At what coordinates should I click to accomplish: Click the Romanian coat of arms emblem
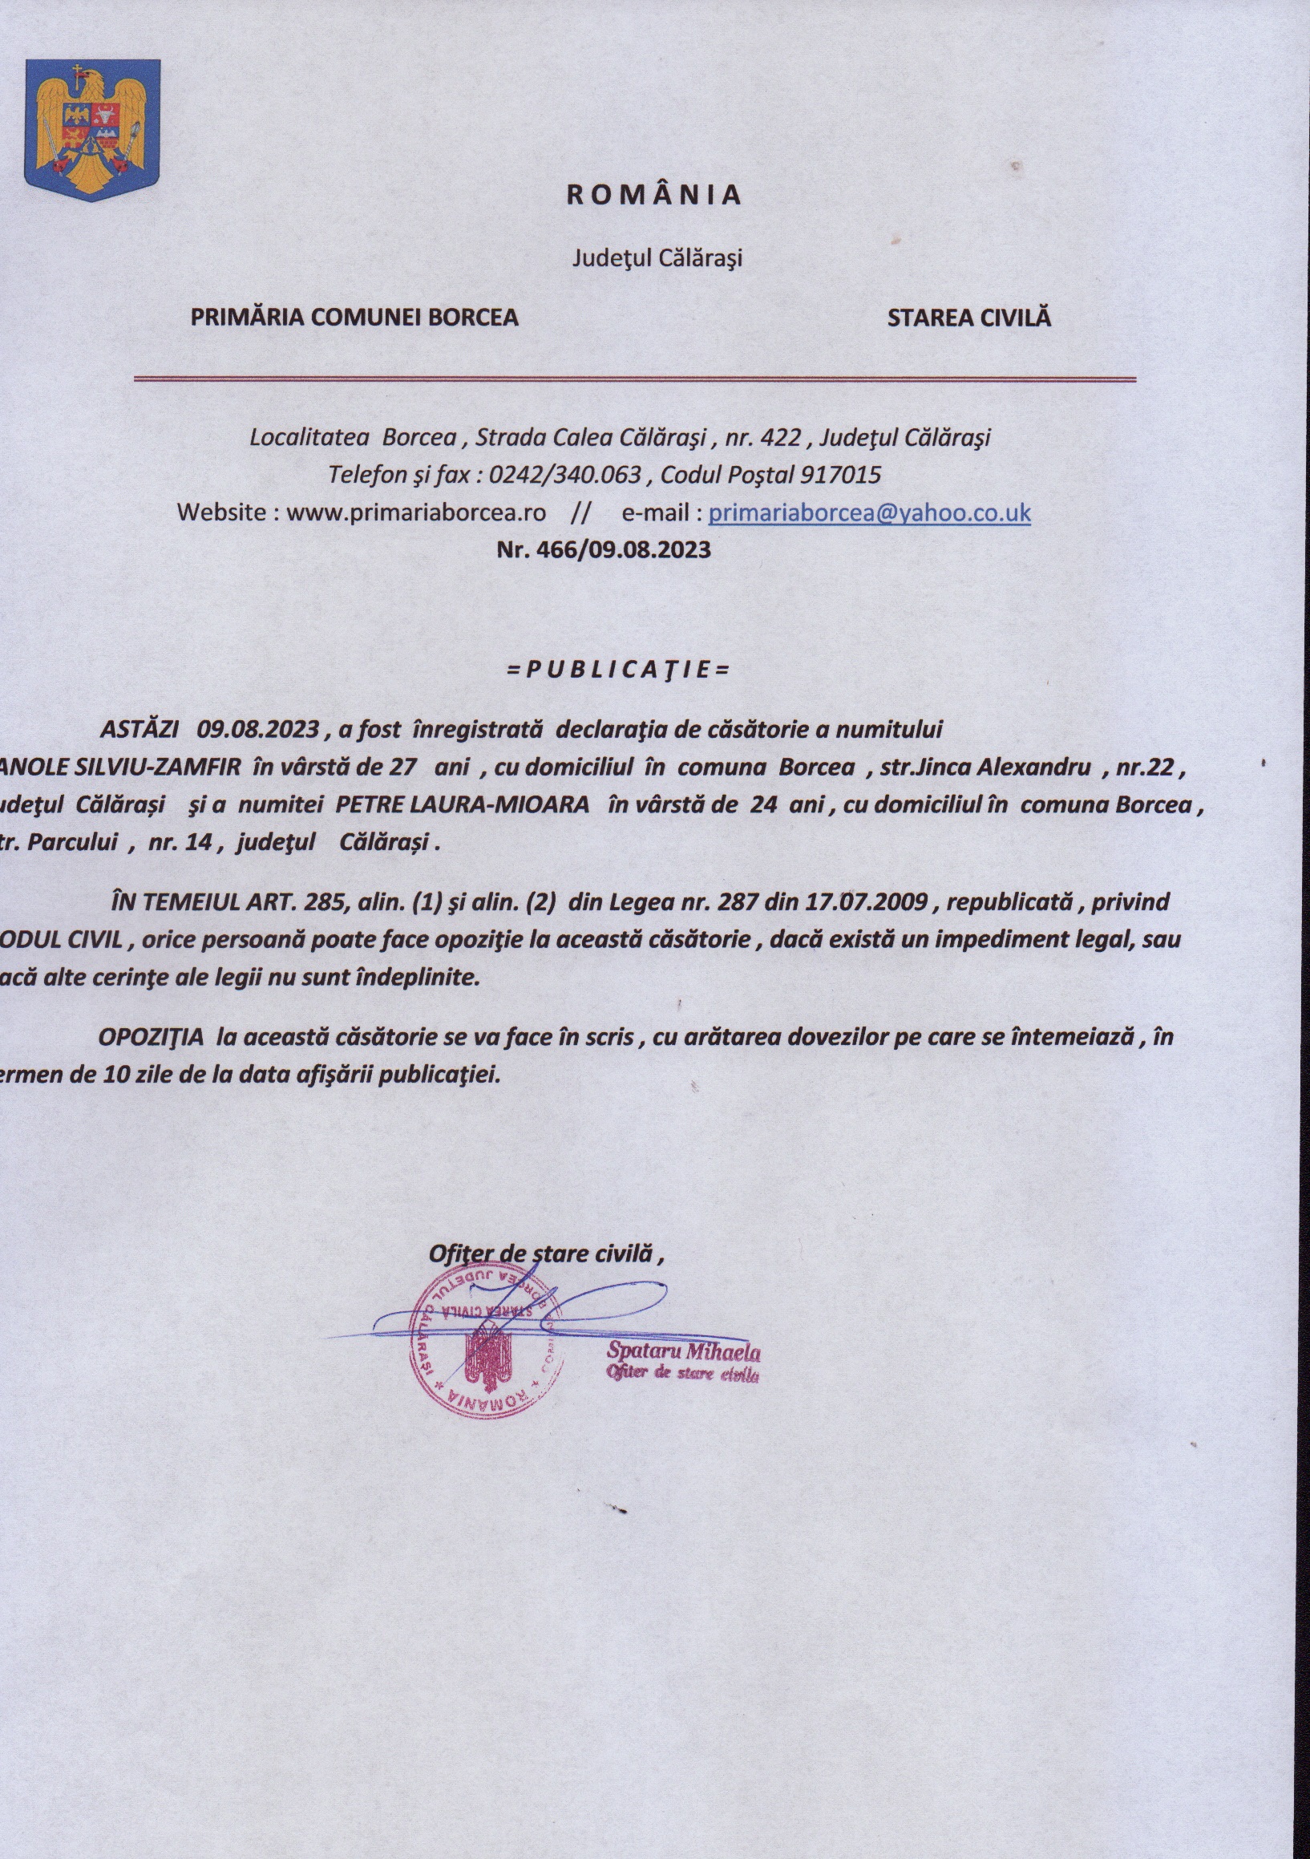pos(92,130)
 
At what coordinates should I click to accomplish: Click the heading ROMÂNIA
pos(653,195)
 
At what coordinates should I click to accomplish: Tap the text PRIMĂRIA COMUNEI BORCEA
pos(354,318)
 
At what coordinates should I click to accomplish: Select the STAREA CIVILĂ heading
pos(968,318)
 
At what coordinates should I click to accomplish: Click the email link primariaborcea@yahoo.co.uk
pos(869,512)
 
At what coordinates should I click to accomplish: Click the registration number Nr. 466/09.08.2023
pos(603,550)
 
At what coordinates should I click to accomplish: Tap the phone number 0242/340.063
pos(565,475)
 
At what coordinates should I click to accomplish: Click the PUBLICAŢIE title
pos(618,670)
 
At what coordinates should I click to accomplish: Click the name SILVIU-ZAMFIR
pos(157,767)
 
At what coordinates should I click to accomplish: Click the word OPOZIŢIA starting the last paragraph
pos(151,1037)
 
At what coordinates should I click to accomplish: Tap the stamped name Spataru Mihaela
pos(683,1351)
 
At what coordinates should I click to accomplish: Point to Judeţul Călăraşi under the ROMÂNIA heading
pos(657,258)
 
